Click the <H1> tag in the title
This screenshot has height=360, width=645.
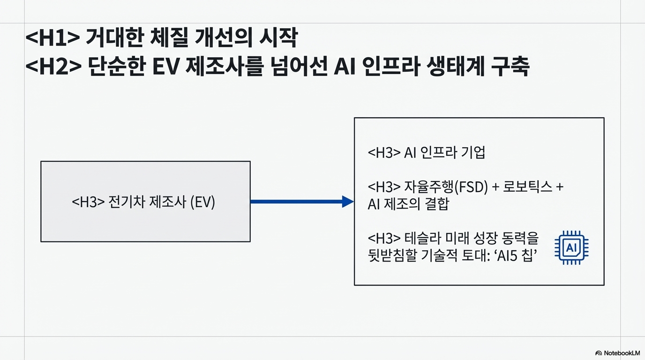(x=52, y=39)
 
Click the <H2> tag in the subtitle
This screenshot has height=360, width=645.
(x=52, y=67)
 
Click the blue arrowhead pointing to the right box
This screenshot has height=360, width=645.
(x=347, y=202)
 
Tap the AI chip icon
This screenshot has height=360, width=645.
(x=571, y=247)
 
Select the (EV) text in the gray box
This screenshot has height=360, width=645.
(x=202, y=202)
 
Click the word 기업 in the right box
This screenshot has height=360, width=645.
(x=472, y=153)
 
